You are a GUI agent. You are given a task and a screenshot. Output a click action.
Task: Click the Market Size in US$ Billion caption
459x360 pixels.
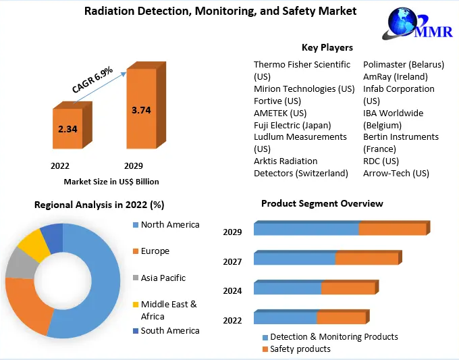(111, 182)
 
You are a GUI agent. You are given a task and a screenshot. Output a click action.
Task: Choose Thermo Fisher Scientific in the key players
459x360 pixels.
(302, 65)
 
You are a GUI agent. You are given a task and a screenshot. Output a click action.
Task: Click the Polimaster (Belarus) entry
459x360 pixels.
(404, 65)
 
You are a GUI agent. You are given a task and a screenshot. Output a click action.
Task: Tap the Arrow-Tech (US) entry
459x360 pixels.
(396, 173)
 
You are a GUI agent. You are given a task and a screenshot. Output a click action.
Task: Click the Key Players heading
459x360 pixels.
(327, 47)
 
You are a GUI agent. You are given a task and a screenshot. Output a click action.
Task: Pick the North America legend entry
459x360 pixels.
(170, 224)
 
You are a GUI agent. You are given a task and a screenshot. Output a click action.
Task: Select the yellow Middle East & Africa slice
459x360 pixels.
(32, 245)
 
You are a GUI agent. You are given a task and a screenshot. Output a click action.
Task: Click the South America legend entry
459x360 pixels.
(170, 330)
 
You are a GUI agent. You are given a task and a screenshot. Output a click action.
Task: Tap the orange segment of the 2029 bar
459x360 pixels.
(391, 229)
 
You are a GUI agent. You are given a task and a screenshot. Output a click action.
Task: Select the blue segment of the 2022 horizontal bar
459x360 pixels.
(285, 317)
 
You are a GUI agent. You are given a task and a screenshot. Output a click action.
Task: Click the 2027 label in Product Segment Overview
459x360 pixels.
(232, 261)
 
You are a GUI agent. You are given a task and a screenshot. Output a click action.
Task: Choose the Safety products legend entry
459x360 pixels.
(300, 349)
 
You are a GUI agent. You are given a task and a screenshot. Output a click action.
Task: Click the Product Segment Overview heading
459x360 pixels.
(322, 203)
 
